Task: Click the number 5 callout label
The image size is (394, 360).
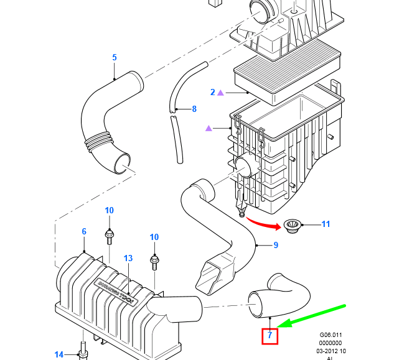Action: click(115, 58)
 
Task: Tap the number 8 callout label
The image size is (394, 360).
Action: click(194, 109)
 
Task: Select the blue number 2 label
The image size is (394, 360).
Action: click(213, 92)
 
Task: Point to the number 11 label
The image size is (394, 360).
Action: click(326, 224)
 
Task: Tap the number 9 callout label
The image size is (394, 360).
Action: click(276, 245)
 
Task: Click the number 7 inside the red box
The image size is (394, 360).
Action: click(270, 336)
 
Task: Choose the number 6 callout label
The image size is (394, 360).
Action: click(84, 232)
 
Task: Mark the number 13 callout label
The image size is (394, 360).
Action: click(128, 258)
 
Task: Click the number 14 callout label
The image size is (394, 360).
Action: click(59, 354)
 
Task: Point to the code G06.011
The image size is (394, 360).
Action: click(331, 334)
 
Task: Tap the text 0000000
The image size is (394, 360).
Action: click(331, 343)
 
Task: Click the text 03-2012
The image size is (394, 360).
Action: click(326, 351)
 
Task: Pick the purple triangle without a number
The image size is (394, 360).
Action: click(209, 129)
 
